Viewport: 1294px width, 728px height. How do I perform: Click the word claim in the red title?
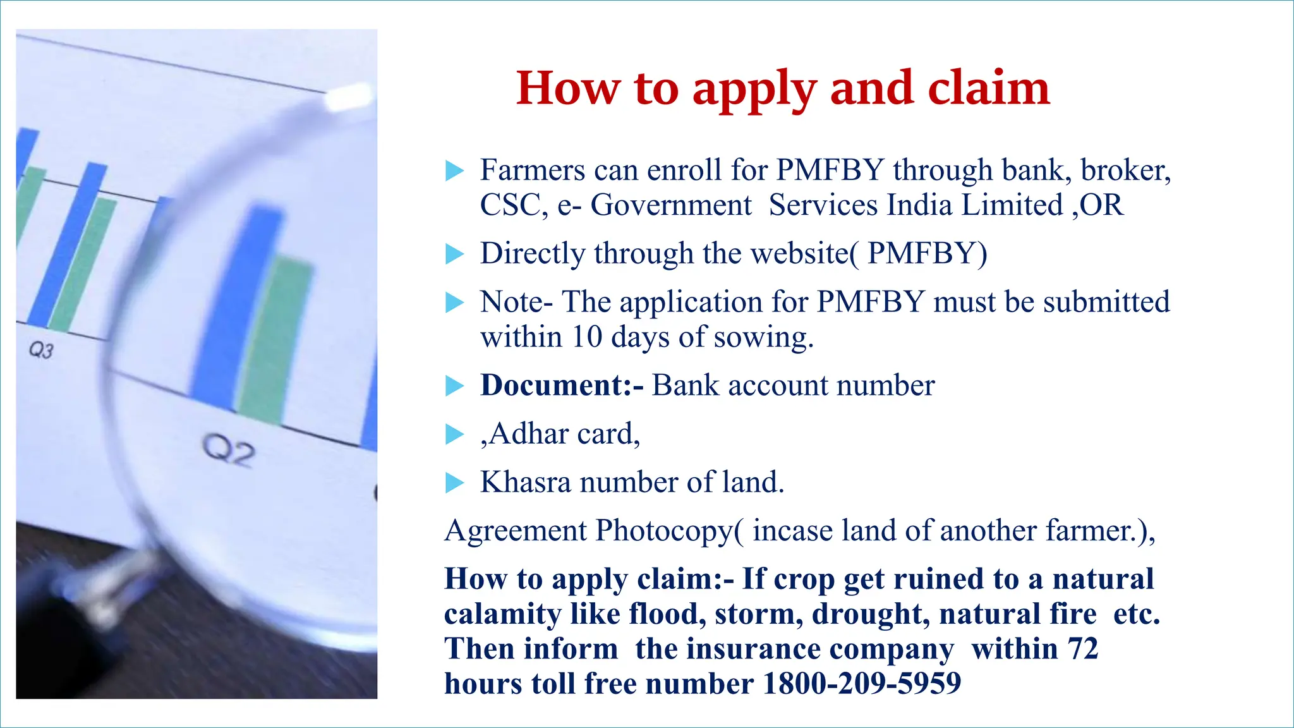(x=988, y=88)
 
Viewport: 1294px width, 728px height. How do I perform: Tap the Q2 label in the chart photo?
(x=229, y=451)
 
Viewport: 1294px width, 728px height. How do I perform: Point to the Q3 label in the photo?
(x=41, y=349)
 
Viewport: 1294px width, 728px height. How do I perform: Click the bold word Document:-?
(x=562, y=385)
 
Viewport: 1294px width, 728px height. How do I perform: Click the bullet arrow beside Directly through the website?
(x=454, y=254)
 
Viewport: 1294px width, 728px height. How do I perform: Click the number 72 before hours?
(x=1083, y=649)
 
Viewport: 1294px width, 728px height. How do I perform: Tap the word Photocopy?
(x=663, y=531)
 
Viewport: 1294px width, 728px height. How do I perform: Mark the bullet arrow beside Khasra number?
(x=454, y=483)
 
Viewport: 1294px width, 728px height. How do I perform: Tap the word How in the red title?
(x=568, y=88)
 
